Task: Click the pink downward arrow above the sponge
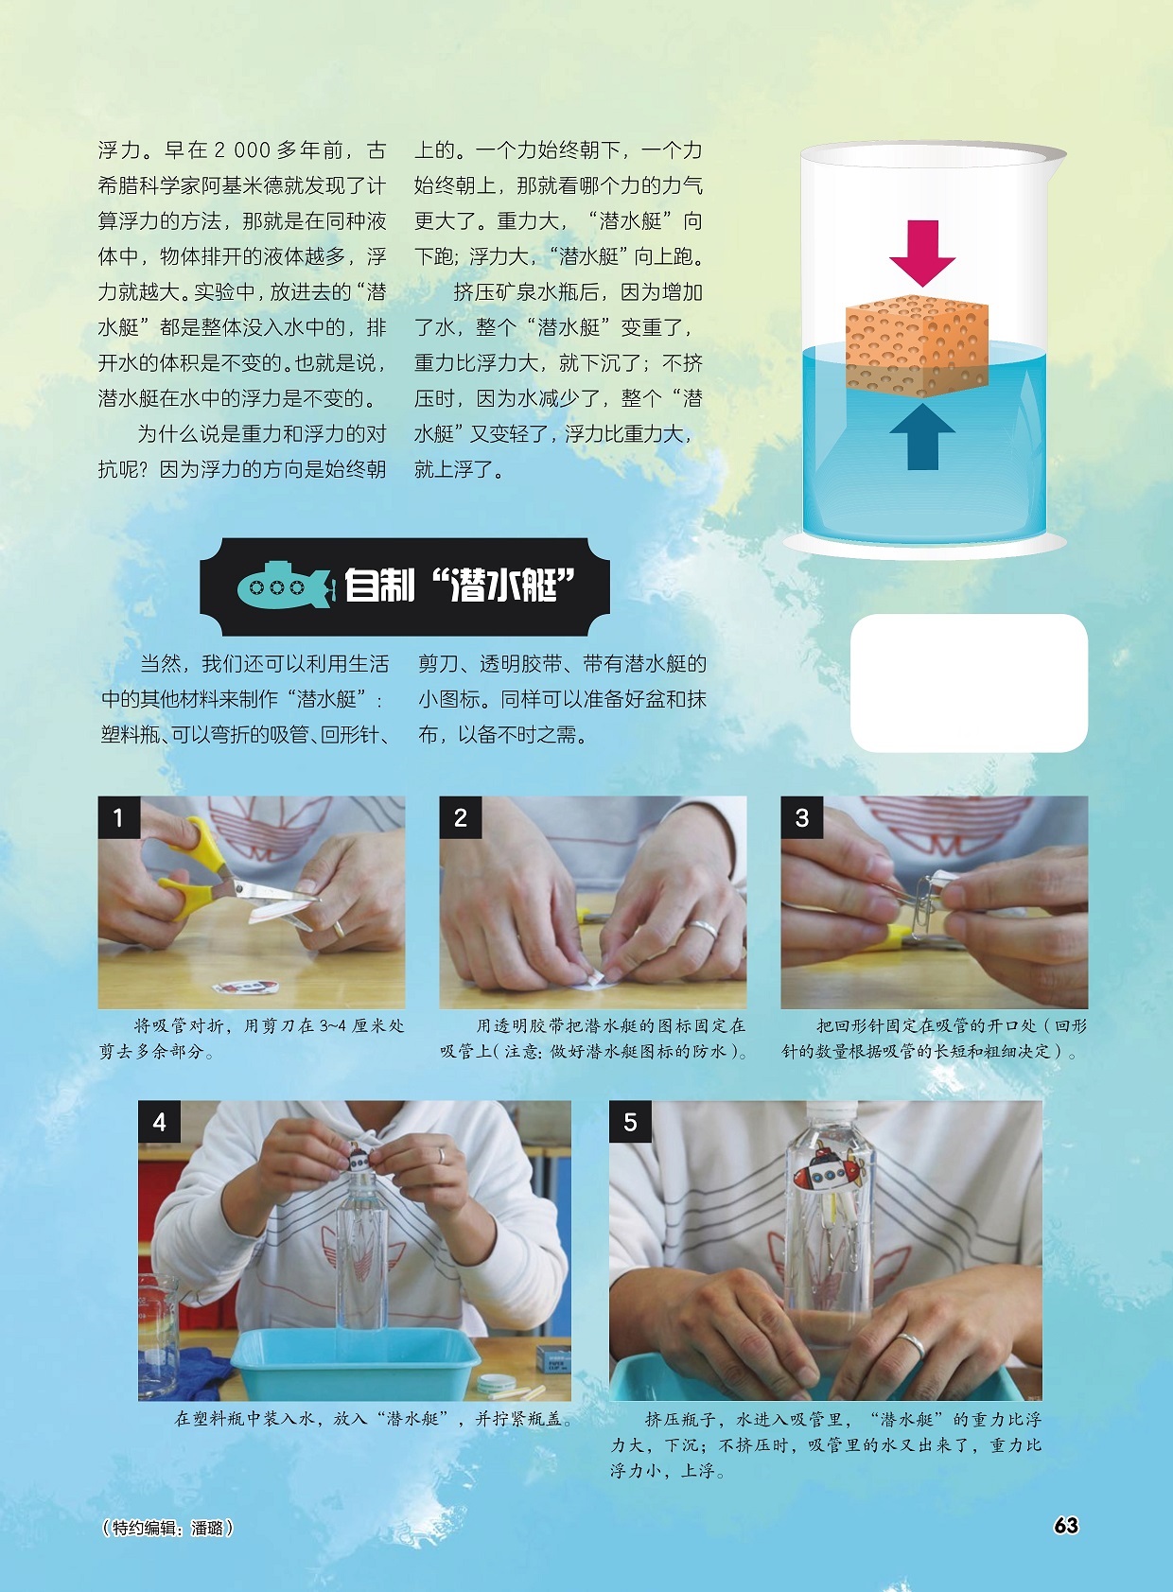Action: click(921, 252)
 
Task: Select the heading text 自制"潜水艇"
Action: click(459, 586)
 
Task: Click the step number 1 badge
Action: click(119, 817)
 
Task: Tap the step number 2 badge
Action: click(461, 817)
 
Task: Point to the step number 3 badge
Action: click(802, 817)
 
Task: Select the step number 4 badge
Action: click(159, 1122)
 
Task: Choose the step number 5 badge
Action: click(630, 1122)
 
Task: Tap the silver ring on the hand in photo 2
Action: click(701, 929)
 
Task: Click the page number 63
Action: click(1065, 1525)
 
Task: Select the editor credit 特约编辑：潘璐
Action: click(167, 1528)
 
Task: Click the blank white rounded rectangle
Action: click(969, 683)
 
